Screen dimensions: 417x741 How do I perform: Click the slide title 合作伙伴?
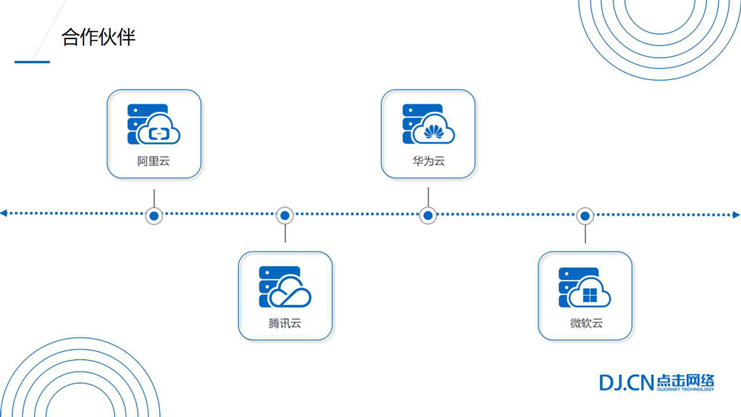coord(99,38)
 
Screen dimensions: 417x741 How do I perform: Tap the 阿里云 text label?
coord(153,161)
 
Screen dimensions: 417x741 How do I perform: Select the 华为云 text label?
coord(428,161)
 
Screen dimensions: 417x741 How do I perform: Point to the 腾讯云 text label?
coord(285,323)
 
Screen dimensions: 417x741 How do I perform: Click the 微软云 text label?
coord(585,323)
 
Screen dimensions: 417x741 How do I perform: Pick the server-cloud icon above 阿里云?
coord(153,124)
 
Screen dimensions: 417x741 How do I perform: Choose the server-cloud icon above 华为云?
coord(428,124)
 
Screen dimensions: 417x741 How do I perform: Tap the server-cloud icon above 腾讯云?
coord(285,287)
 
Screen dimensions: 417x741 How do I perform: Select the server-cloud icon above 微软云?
coord(585,287)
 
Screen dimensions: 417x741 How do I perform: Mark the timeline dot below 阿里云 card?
coord(154,216)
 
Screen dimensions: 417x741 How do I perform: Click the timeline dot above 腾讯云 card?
coord(285,216)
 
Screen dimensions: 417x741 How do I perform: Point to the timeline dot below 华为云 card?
coord(428,216)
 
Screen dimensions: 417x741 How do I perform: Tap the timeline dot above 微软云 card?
coord(585,216)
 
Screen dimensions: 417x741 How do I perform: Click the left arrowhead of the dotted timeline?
coord(4,213)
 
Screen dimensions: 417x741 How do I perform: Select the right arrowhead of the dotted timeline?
coord(736,215)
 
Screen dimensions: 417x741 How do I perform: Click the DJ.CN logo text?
coord(626,382)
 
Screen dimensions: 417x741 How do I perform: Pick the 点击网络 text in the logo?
coord(685,381)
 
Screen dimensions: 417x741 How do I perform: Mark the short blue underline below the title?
coord(32,62)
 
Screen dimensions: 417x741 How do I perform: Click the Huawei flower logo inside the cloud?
coord(433,133)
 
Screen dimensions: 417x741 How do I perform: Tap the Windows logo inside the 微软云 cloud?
coord(590,296)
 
